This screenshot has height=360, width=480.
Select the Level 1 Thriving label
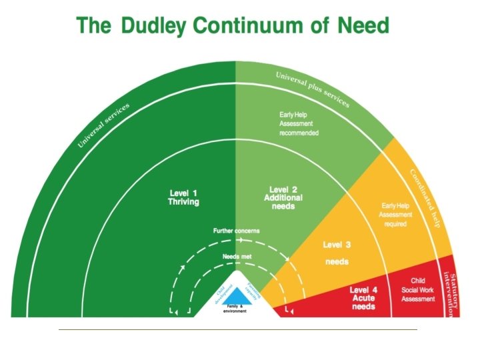point(183,197)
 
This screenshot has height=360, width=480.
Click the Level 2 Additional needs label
point(283,198)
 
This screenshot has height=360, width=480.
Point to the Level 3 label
point(337,245)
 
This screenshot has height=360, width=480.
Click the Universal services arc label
point(103,125)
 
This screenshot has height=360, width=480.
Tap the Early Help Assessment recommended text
point(299,124)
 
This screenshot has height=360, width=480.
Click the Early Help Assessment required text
point(395,215)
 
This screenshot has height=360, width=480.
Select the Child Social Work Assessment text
point(418,291)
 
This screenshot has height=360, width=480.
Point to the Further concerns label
point(236,231)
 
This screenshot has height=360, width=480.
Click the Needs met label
point(236,256)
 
